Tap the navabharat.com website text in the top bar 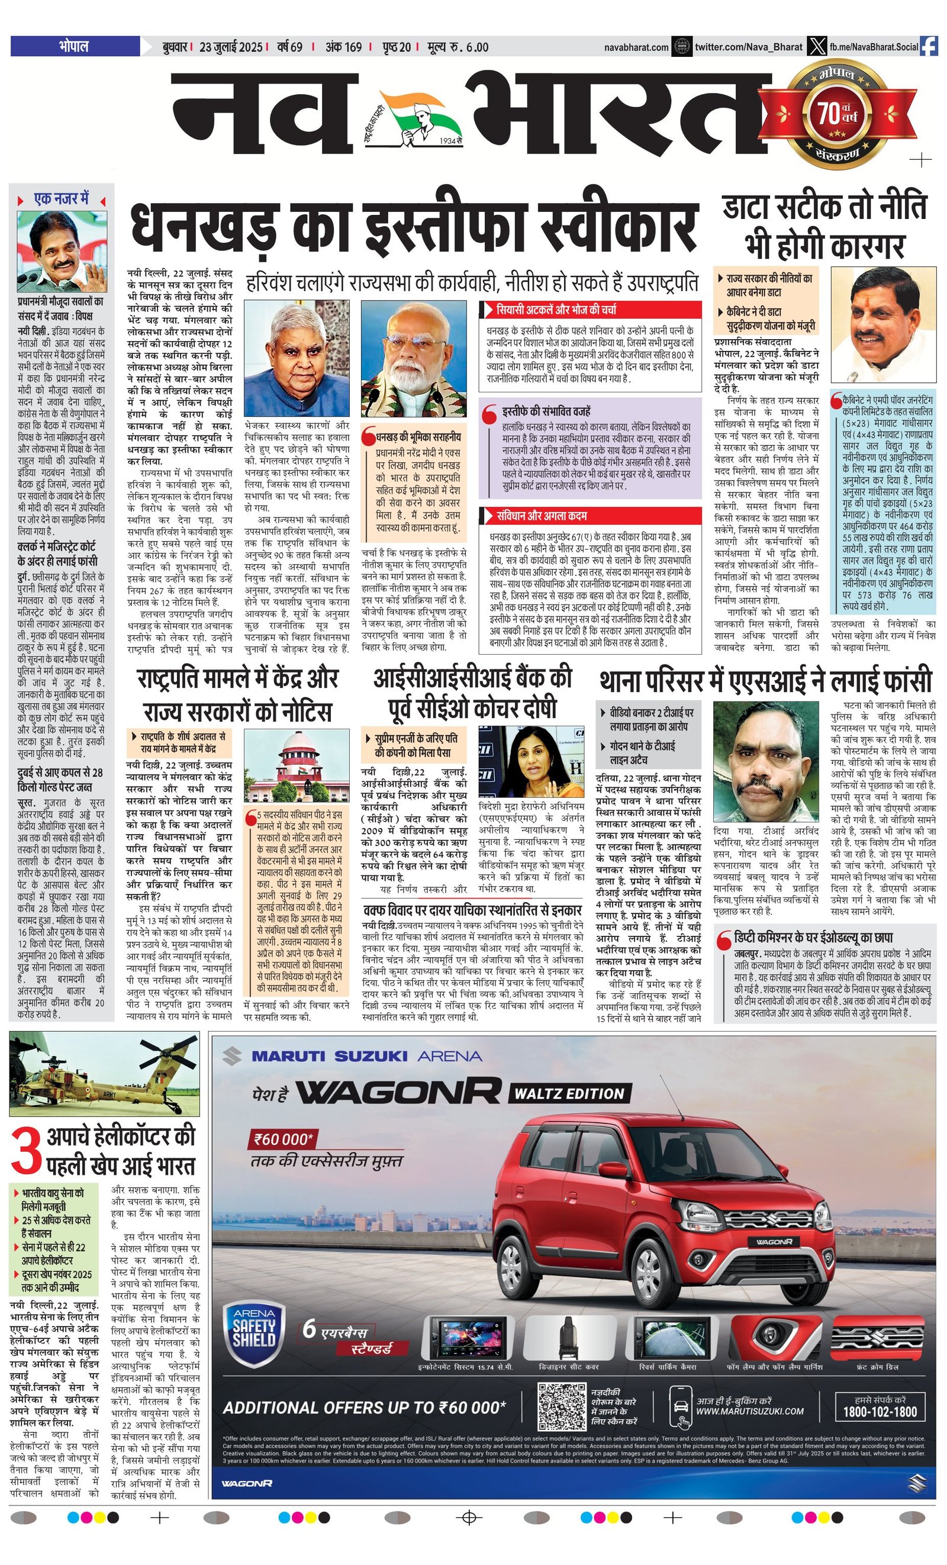tap(636, 47)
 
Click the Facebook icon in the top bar tap(929, 46)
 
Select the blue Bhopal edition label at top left tap(75, 46)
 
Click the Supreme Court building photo tap(296, 766)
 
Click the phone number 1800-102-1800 tap(880, 1411)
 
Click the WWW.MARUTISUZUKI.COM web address tap(749, 1411)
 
